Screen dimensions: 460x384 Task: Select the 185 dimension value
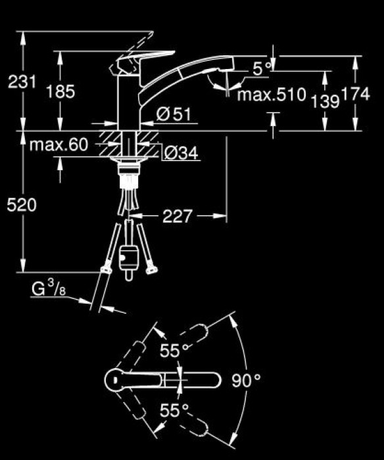tap(60, 91)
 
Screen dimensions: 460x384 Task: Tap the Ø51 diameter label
tap(174, 114)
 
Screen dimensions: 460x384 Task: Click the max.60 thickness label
tap(59, 145)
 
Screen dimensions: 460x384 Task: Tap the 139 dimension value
tap(325, 101)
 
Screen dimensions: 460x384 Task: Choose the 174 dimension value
tap(356, 95)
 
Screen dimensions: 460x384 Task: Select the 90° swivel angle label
tap(247, 380)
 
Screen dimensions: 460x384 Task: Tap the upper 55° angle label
tap(174, 352)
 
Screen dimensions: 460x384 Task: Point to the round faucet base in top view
tap(116, 380)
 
